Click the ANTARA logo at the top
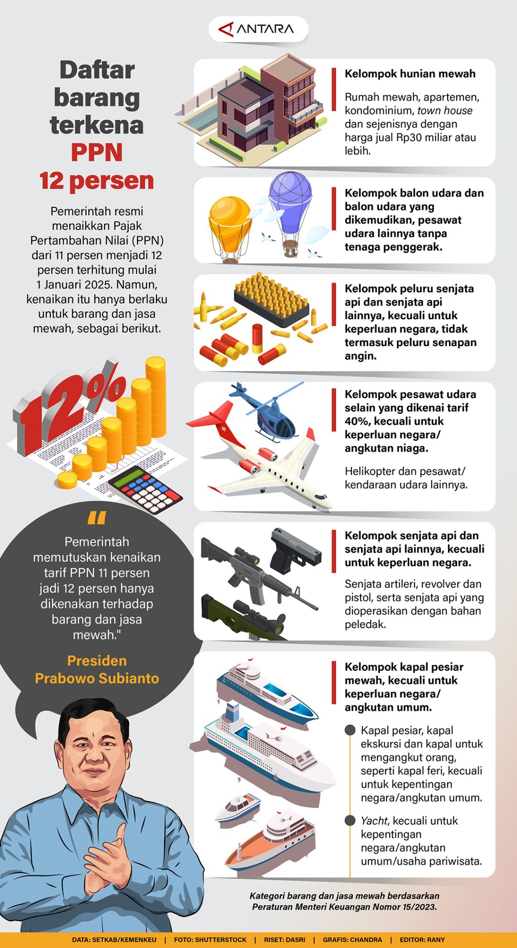tap(258, 29)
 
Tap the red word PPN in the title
tap(97, 152)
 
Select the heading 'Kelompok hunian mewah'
tap(410, 73)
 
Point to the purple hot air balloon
tap(290, 200)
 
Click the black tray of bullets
tap(268, 299)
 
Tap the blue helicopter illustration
tap(272, 415)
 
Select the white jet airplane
tap(268, 467)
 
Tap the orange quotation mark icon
tap(97, 518)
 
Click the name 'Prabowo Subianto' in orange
tap(97, 678)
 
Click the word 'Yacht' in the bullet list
tap(374, 821)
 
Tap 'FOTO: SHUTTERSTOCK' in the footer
tap(210, 939)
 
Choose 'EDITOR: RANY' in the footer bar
tap(422, 939)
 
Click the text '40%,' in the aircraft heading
tap(358, 421)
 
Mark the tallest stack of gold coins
tap(156, 395)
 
